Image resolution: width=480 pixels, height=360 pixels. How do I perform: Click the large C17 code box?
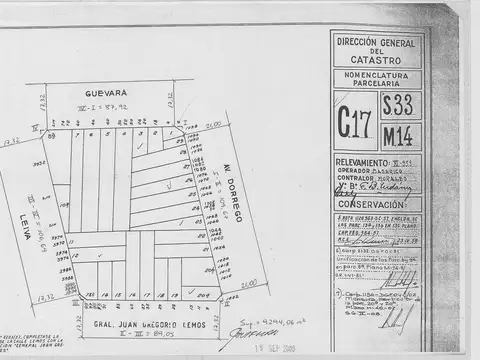[x=355, y=125]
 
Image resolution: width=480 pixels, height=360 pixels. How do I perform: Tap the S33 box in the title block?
[x=402, y=107]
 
